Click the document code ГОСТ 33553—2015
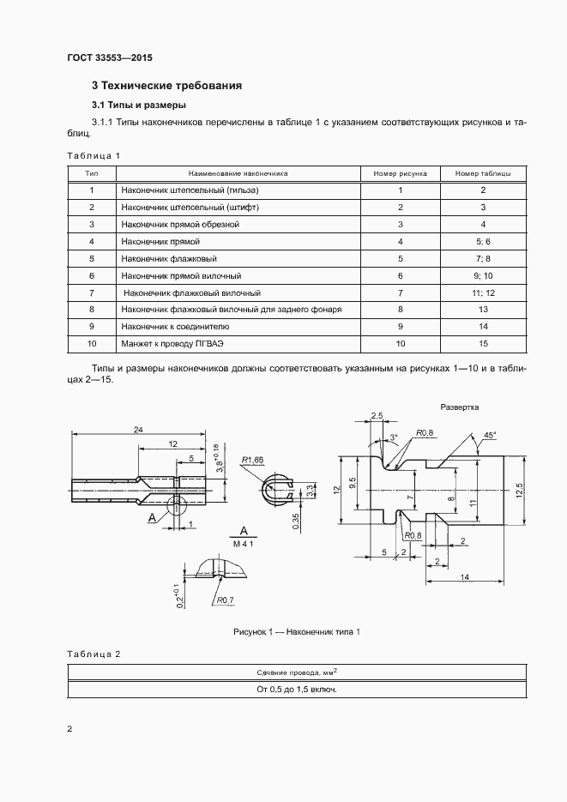pos(109,59)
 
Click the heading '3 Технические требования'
pos(166,86)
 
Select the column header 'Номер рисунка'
pos(400,172)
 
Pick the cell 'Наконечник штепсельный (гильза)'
pos(190,190)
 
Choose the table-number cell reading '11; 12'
pos(483,292)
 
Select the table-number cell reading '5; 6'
pos(483,241)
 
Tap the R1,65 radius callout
pos(254,459)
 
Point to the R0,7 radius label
pos(226,600)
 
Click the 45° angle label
pos(489,435)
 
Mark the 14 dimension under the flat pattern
pos(463,578)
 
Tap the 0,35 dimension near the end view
pos(295,521)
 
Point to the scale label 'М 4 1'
pos(244,543)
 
